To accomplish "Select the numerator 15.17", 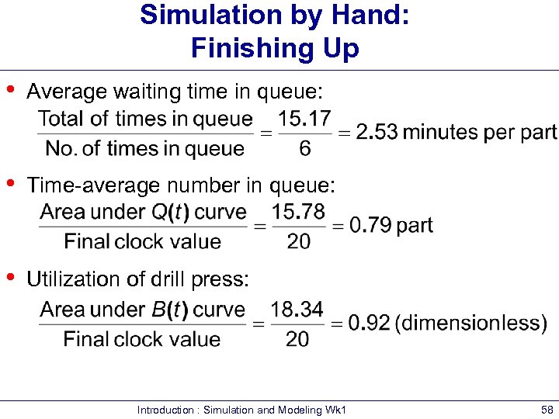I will pos(304,119).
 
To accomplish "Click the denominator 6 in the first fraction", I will pos(304,148).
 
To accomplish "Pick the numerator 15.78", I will pos(299,211).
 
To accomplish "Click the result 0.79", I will pos(370,226).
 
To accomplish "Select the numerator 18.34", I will pos(297,309).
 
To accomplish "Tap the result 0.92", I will pos(369,324).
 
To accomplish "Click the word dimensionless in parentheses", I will pos(470,324).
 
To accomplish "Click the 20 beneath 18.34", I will pos(297,339).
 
